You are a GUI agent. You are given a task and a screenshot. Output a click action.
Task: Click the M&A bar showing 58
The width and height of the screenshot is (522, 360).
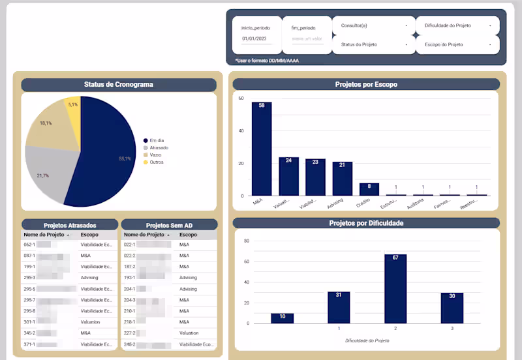click(x=262, y=149)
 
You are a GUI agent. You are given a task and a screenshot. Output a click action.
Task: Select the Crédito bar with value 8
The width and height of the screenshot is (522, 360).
click(x=369, y=189)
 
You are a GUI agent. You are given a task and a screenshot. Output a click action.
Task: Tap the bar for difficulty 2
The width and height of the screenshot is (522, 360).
click(x=395, y=288)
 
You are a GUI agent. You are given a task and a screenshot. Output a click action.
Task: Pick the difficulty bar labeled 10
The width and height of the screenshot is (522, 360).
click(x=283, y=318)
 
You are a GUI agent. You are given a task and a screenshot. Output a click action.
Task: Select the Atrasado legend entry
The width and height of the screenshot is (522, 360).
click(x=159, y=148)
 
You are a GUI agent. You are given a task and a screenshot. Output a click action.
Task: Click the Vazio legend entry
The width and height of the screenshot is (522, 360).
click(x=155, y=155)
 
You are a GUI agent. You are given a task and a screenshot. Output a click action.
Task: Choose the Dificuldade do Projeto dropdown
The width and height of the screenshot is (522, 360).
click(x=457, y=25)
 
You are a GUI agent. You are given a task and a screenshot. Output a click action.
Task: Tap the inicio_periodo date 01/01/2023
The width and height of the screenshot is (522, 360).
click(x=254, y=39)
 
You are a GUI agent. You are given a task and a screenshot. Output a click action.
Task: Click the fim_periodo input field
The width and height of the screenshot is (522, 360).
click(x=307, y=39)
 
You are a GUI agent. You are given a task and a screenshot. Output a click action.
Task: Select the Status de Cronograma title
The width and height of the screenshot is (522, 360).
click(x=118, y=85)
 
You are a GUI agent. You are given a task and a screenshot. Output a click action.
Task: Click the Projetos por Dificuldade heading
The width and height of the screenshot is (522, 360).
click(x=366, y=223)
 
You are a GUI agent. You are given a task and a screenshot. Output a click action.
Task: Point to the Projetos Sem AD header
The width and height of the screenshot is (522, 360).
click(x=169, y=225)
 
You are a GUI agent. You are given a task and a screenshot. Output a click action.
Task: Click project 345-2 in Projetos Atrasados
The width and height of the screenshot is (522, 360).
click(x=29, y=333)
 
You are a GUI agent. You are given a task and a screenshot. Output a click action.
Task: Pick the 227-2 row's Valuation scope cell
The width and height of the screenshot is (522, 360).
click(x=190, y=333)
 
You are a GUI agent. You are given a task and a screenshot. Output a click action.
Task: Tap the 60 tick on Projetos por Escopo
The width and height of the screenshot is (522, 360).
click(x=241, y=98)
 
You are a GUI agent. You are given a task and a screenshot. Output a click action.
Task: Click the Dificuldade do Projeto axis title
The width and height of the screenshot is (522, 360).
click(x=367, y=340)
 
